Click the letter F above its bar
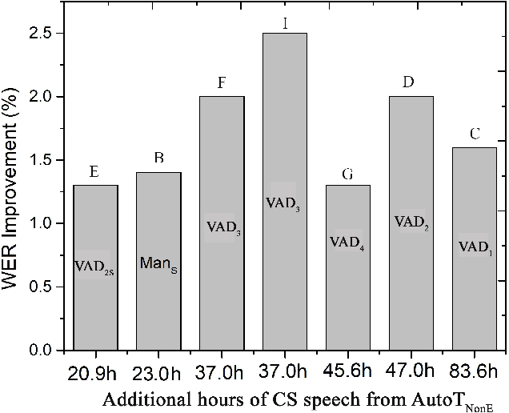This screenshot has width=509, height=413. point(222,82)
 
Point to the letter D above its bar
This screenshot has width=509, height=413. point(411,82)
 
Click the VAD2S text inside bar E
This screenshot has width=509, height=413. point(95,266)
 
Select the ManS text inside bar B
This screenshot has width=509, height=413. point(158,263)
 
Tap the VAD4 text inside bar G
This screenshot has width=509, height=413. point(348,243)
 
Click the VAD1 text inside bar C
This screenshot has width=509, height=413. point(475,247)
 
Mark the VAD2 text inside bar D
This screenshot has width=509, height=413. point(411,223)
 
